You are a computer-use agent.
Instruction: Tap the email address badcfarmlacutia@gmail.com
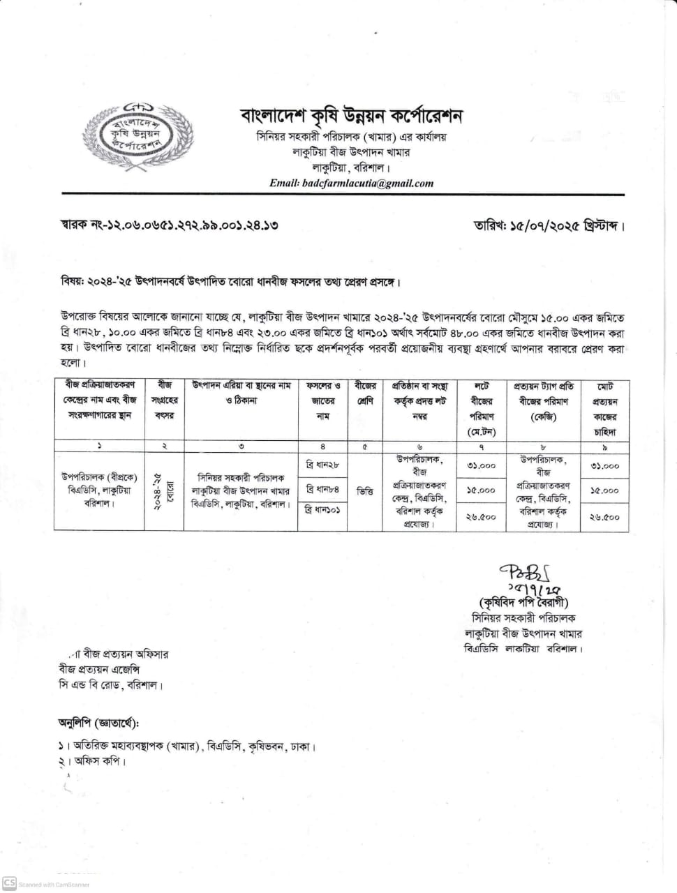click(x=351, y=183)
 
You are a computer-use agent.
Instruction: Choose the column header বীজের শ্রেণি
click(x=365, y=393)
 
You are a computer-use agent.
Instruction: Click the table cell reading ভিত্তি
click(x=365, y=491)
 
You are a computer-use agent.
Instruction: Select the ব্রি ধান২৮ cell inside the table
click(x=322, y=465)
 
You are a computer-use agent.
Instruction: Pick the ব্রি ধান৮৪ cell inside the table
click(x=322, y=490)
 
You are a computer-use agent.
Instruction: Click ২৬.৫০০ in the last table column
click(x=604, y=517)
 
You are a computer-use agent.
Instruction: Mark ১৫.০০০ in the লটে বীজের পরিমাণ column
click(x=481, y=490)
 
